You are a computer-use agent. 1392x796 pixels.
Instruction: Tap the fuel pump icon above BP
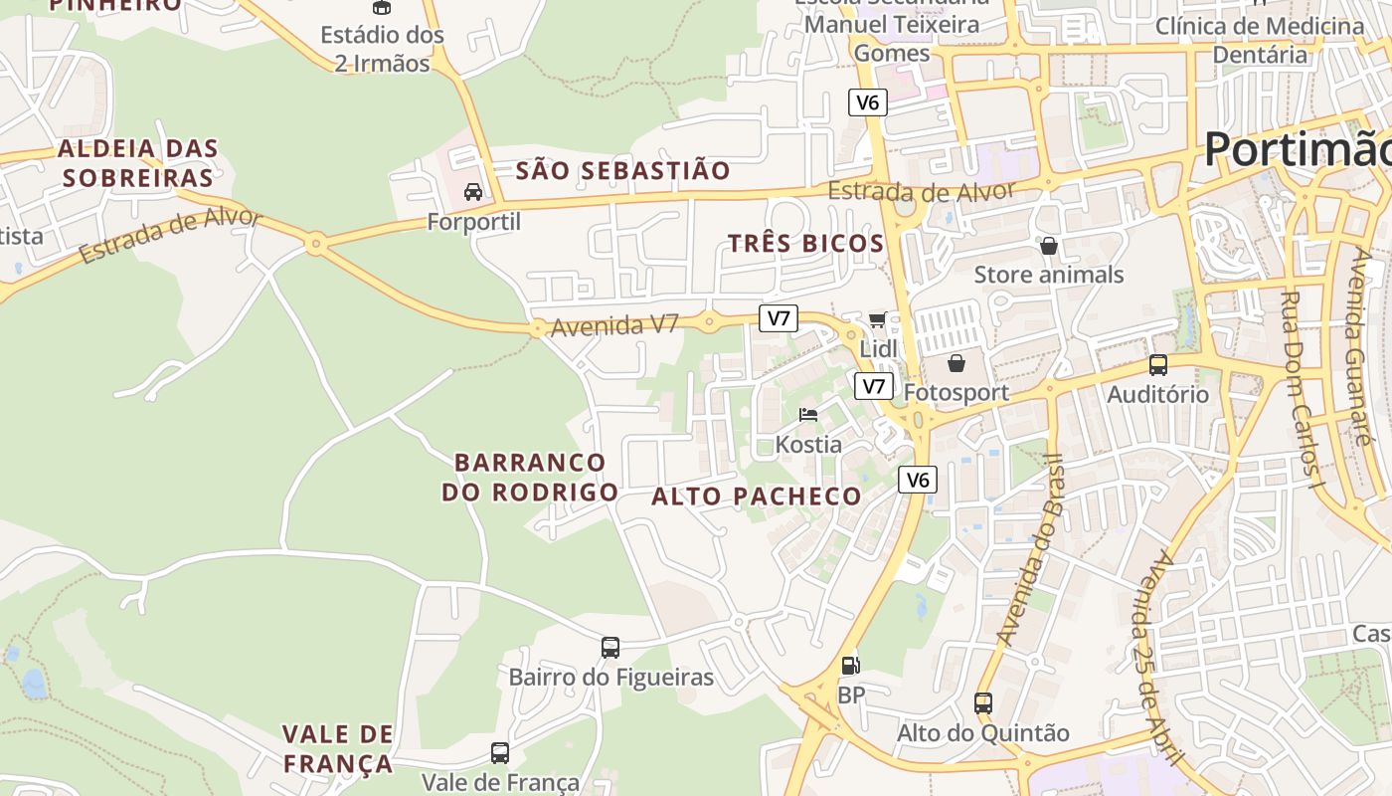tap(850, 665)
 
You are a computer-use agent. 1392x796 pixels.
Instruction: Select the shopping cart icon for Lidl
tap(877, 319)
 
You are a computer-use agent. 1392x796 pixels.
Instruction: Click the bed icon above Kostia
tap(808, 414)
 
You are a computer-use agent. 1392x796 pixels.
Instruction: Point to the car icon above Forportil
tap(473, 191)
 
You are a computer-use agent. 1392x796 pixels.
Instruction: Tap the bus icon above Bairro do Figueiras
tap(610, 648)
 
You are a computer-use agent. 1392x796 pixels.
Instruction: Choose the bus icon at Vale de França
tap(500, 753)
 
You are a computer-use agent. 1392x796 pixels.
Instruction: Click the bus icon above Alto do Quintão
tap(983, 703)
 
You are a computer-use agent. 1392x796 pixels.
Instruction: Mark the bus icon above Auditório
tap(1158, 365)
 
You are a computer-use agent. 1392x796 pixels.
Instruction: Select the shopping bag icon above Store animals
tap(1049, 246)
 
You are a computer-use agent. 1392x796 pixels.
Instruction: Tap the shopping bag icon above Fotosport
tap(956, 363)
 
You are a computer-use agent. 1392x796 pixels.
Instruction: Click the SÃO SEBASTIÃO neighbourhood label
tap(622, 170)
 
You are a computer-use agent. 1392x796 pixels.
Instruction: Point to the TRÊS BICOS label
tap(805, 244)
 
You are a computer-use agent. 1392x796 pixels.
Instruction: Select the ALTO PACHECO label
tap(757, 497)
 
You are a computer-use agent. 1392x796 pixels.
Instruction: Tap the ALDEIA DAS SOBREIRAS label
tap(137, 163)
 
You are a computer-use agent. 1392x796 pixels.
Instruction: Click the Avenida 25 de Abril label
tap(1153, 657)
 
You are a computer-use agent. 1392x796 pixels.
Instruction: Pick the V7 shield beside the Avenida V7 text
tap(779, 318)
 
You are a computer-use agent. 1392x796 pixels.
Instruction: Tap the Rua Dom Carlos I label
tap(1299, 389)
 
